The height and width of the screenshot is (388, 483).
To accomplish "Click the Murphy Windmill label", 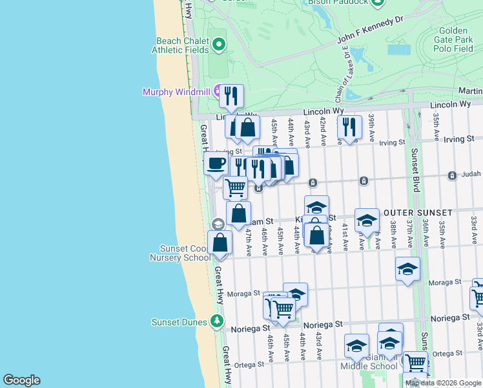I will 176,92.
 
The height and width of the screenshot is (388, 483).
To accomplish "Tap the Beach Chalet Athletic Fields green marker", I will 218,45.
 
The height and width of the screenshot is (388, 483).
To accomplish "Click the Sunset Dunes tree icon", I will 218,321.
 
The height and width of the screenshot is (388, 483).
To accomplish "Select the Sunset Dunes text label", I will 180,322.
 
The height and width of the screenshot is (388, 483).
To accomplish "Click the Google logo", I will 21,380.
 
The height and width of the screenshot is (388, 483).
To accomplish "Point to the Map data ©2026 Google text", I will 442,383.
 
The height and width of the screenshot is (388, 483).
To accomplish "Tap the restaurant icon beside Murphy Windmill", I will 231,96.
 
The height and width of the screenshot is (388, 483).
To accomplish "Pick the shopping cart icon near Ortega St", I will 415,363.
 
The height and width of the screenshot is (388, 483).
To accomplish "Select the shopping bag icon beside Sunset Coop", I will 220,243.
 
